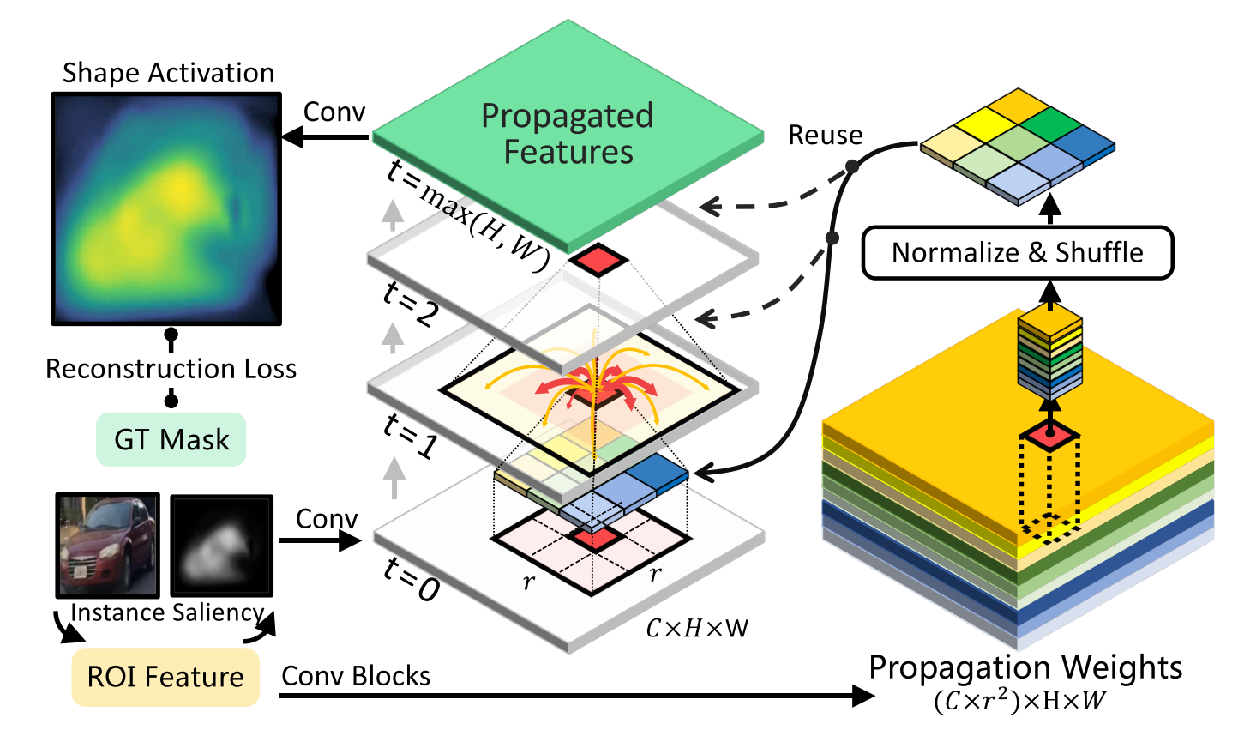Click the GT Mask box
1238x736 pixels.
171,440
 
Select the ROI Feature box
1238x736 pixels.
165,677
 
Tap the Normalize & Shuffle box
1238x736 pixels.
1017,253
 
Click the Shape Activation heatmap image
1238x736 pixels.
167,208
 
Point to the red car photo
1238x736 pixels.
107,545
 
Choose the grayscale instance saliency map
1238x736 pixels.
221,546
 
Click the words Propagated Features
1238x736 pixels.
568,134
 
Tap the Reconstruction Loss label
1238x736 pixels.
171,369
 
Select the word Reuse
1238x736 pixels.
825,136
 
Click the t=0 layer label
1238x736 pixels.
411,578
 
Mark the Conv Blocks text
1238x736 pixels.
356,677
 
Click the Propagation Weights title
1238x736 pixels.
1025,667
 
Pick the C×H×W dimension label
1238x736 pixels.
697,629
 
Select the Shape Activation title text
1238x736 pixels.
168,73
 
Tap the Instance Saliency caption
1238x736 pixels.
167,612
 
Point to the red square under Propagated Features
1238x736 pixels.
598,259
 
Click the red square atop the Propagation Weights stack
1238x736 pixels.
1049,436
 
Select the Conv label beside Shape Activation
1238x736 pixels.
334,112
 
